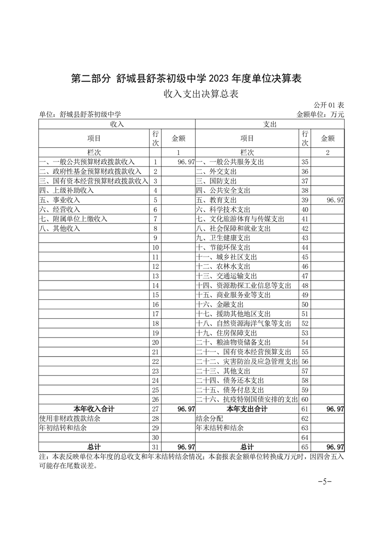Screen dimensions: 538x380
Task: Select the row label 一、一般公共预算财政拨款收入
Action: click(87, 162)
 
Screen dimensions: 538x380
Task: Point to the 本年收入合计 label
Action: click(94, 409)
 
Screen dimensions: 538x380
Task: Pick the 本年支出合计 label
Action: click(247, 409)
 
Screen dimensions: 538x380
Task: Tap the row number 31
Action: click(155, 447)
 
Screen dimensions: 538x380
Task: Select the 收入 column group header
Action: click(117, 124)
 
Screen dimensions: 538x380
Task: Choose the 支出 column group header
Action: click(270, 124)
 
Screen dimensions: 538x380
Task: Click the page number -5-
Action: click(325, 481)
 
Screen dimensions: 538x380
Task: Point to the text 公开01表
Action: click(329, 105)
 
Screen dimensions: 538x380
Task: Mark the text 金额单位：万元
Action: click(321, 115)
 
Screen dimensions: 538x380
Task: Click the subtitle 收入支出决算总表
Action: click(201, 94)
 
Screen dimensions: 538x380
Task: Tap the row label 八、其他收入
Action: click(60, 229)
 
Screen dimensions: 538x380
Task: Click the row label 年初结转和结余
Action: click(63, 428)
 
